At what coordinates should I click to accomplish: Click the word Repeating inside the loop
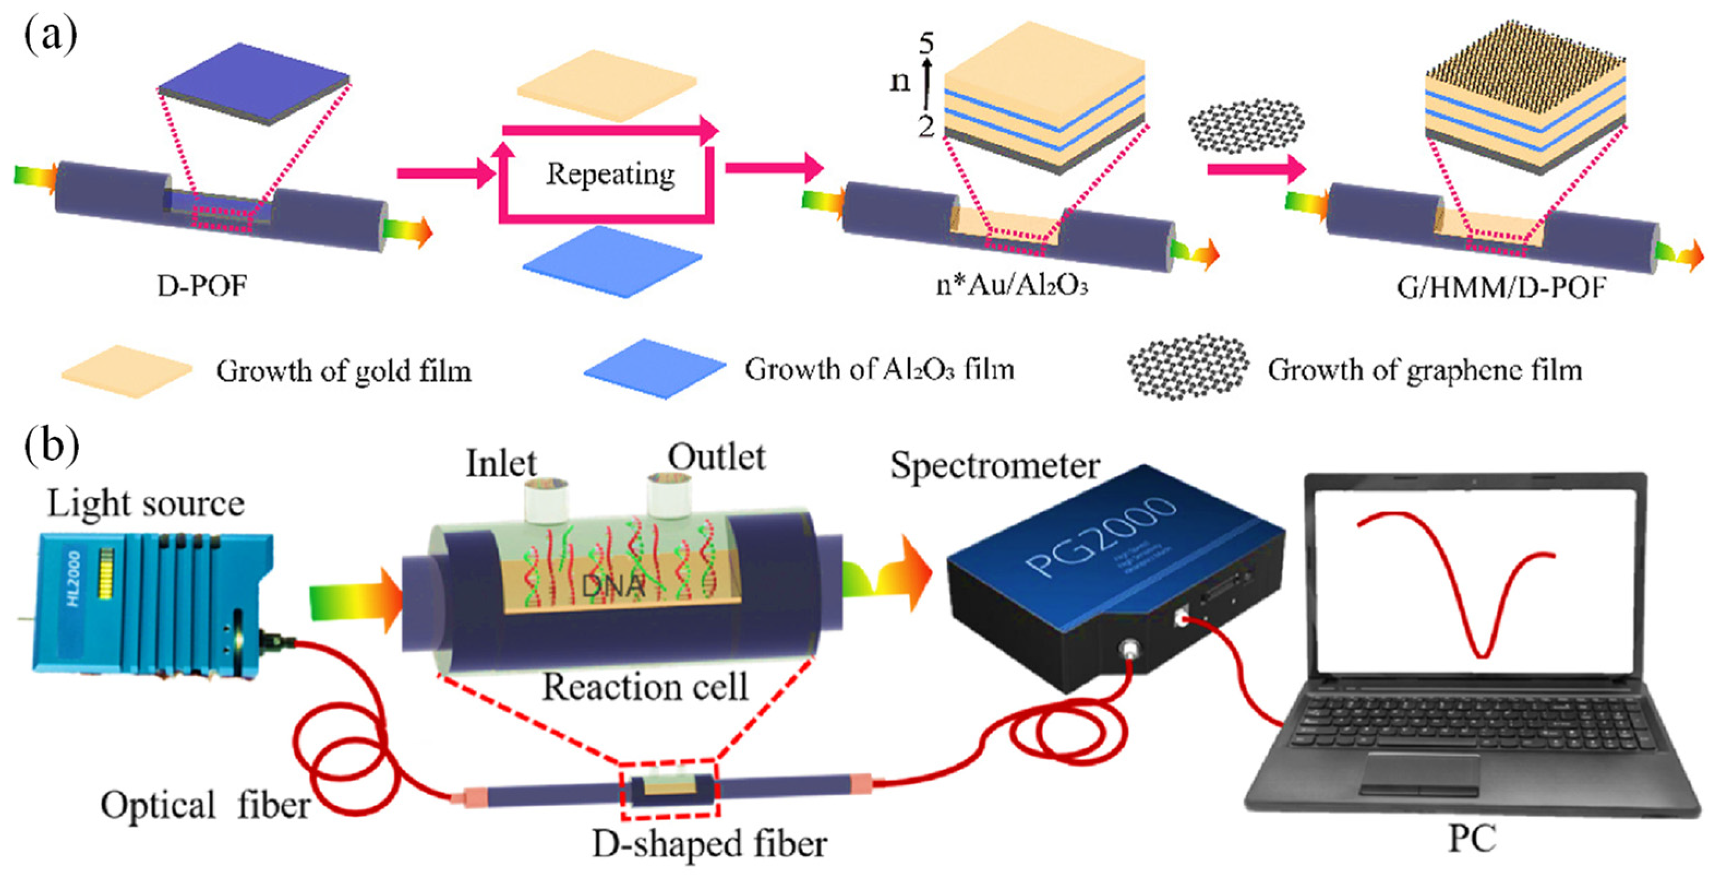(x=610, y=175)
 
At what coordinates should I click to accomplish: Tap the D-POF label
(x=202, y=286)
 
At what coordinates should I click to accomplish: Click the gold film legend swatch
(x=127, y=371)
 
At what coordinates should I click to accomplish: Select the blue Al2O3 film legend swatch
(x=654, y=369)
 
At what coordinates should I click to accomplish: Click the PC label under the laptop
(x=1472, y=839)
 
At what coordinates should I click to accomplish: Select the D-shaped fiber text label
(x=710, y=844)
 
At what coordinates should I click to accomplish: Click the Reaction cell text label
(x=645, y=687)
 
